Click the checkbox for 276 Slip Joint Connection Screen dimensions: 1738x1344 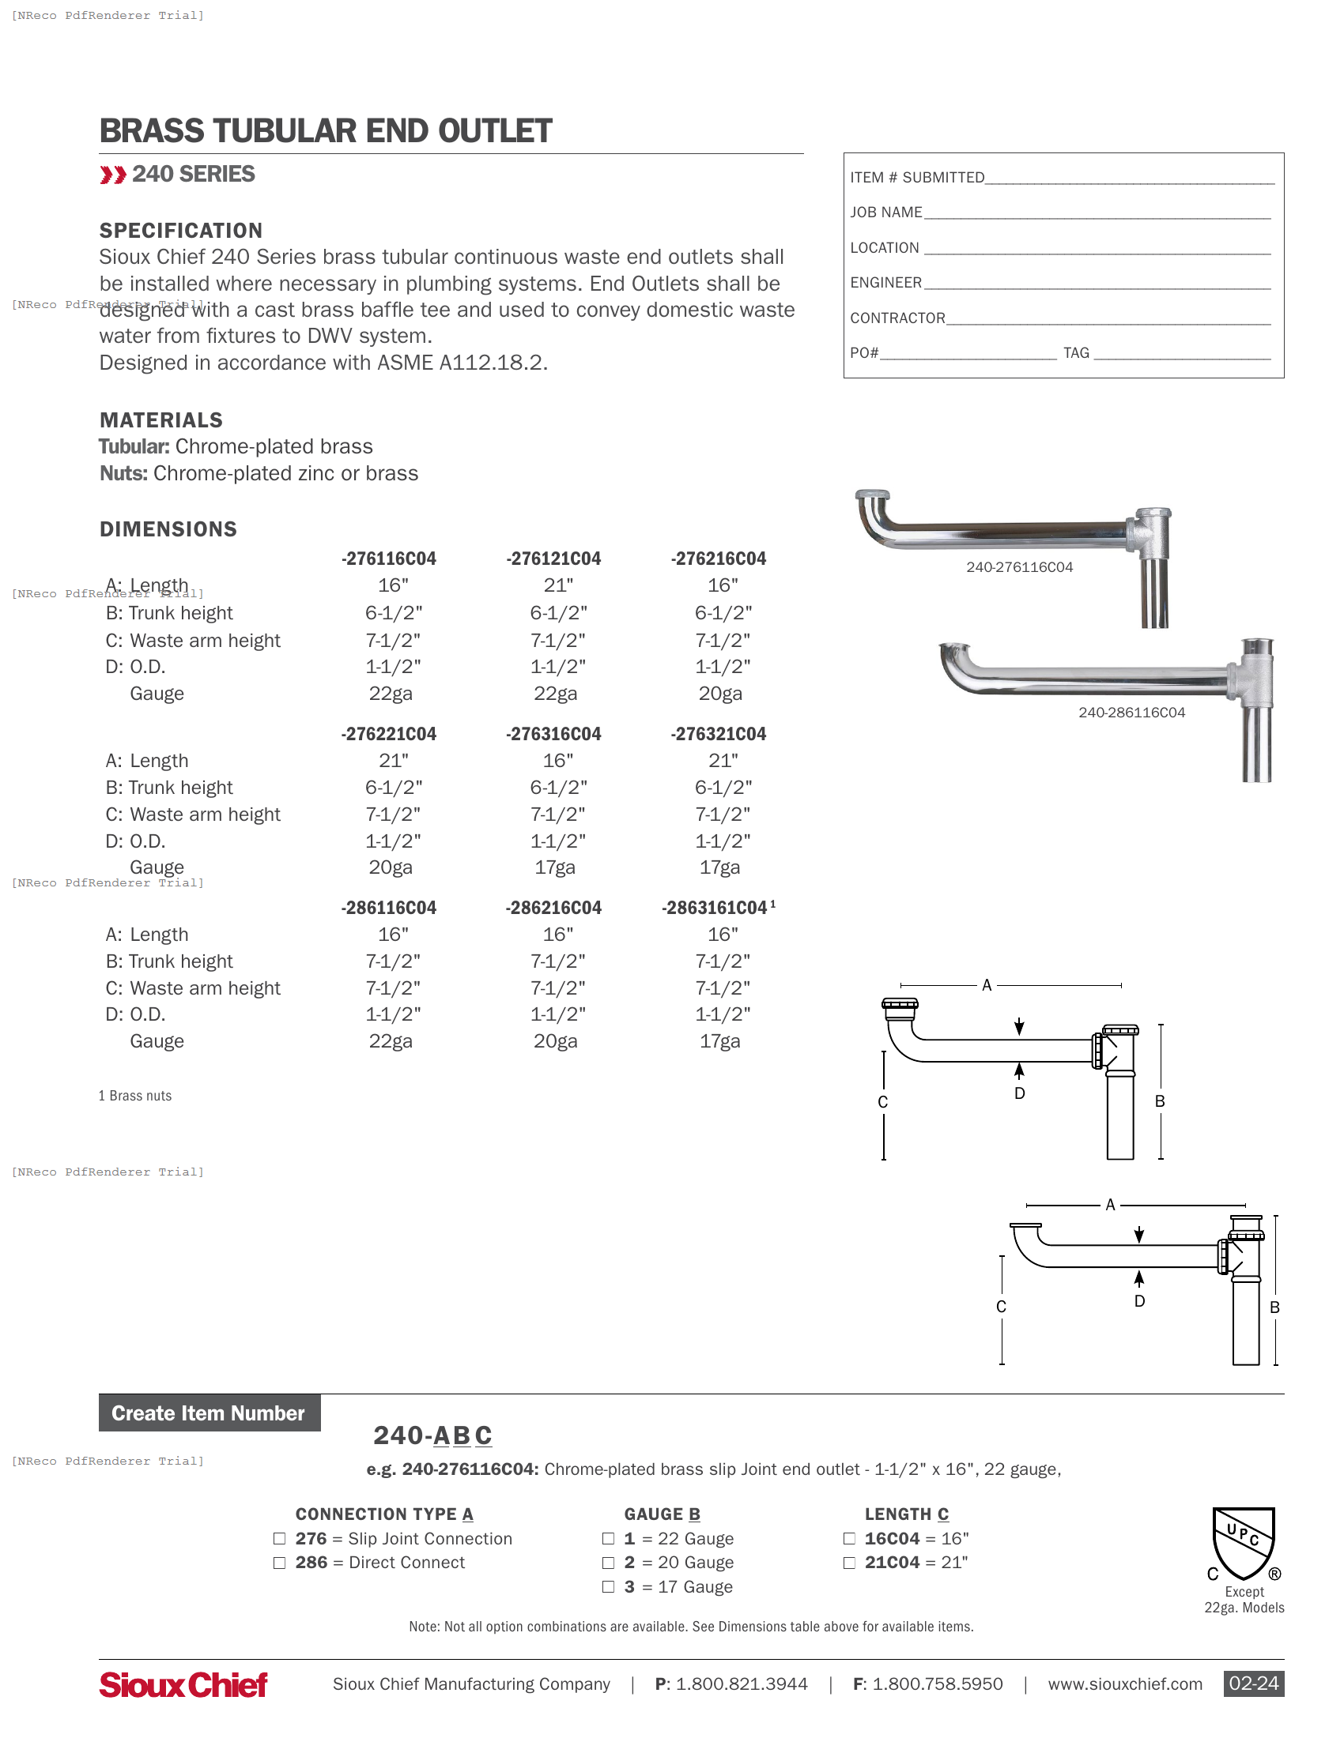[279, 1539]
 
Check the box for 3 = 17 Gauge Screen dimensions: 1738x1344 [608, 1587]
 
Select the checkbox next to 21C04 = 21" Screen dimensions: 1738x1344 [850, 1563]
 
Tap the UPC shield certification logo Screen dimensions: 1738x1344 [1244, 1543]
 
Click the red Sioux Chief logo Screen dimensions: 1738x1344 [183, 1685]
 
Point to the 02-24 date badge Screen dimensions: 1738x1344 [1253, 1684]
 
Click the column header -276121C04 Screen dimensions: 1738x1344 [553, 559]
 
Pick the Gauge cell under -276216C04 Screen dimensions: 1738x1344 [719, 694]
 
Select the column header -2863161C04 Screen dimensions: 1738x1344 [715, 908]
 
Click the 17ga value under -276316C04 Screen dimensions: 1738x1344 [554, 867]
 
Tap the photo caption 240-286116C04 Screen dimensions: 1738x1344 [1131, 713]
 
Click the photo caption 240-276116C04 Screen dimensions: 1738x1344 [1019, 567]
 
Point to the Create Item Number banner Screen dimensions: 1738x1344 [210, 1413]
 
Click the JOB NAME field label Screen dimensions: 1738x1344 [885, 213]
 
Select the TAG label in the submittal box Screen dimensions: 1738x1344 [1076, 353]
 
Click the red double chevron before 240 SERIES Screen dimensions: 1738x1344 [113, 175]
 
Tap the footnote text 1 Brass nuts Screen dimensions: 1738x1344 [135, 1096]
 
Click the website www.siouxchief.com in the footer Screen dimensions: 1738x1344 [1124, 1684]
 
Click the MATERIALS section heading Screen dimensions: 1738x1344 [160, 420]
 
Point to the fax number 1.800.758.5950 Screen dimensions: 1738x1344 [937, 1684]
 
